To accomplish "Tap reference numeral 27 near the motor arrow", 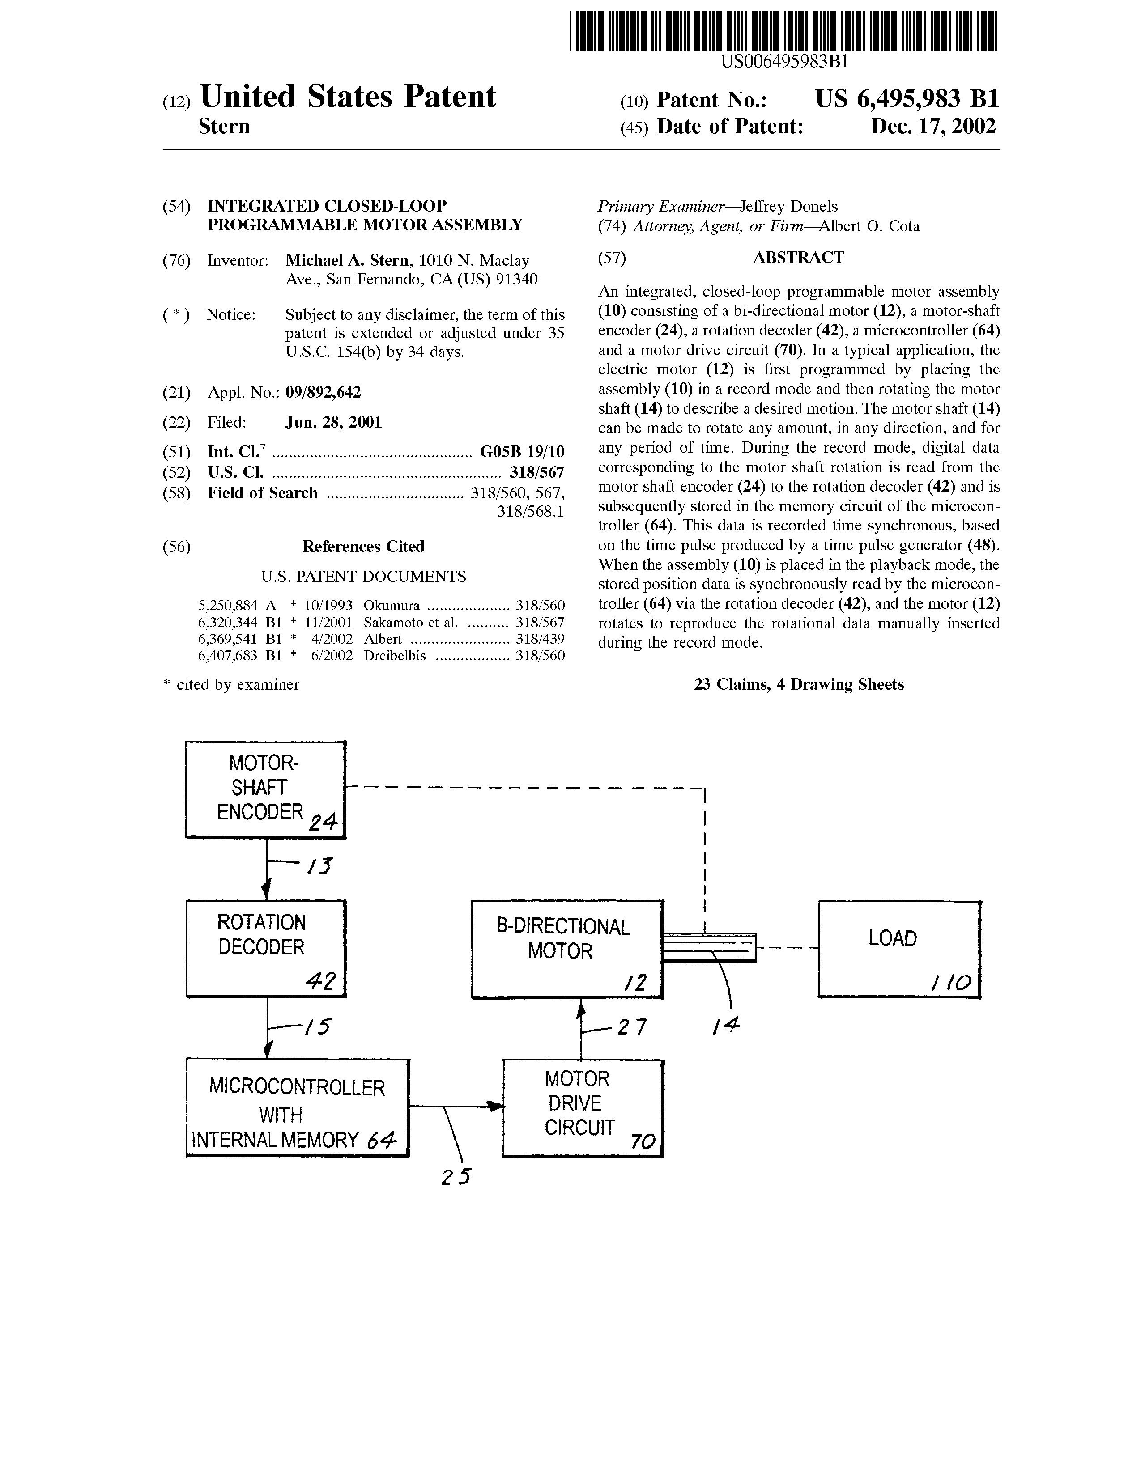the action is point(632,1028).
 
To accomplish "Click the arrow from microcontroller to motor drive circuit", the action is point(457,1106).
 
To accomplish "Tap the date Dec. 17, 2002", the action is point(933,127).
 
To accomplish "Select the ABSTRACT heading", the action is point(798,258).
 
